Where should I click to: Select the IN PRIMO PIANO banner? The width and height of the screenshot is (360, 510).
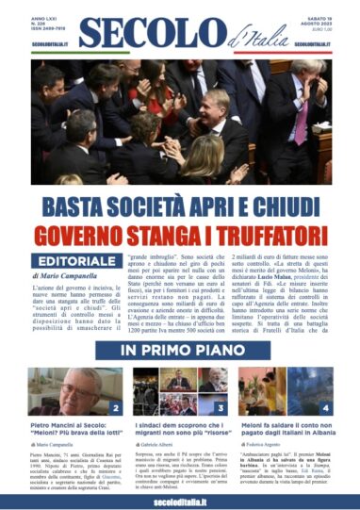pyautogui.click(x=179, y=351)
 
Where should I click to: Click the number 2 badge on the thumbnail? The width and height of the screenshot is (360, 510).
pyautogui.click(x=115, y=409)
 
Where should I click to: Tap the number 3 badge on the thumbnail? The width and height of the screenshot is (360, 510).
pyautogui.click(x=221, y=409)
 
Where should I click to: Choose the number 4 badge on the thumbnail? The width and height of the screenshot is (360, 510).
pyautogui.click(x=326, y=409)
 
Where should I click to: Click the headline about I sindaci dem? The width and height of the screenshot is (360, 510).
pyautogui.click(x=179, y=431)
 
